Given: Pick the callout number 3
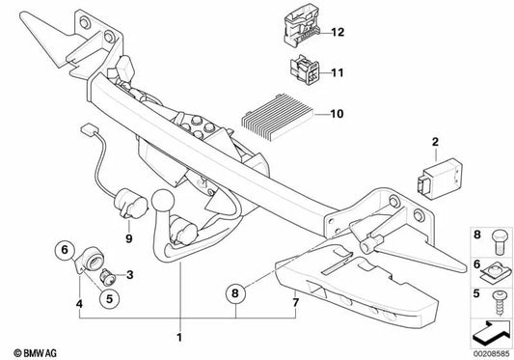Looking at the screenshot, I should (x=130, y=274).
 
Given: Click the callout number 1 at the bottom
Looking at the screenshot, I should (x=177, y=337).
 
